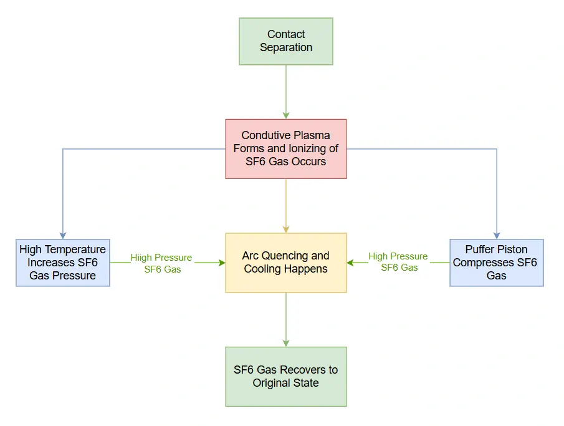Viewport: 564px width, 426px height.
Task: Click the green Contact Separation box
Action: click(x=286, y=41)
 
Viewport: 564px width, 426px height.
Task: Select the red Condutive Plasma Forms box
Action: click(x=286, y=148)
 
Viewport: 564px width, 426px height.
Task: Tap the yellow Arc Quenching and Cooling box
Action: click(x=286, y=263)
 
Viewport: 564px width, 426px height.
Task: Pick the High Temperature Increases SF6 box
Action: click(x=63, y=263)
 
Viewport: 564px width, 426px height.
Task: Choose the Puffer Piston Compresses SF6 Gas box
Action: click(x=497, y=263)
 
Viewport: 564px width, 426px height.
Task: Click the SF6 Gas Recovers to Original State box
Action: click(x=286, y=376)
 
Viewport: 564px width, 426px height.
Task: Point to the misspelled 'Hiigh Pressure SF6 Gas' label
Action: click(x=162, y=263)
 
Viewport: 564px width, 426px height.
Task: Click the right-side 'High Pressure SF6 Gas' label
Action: click(x=398, y=262)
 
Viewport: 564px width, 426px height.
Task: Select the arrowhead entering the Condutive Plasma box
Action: click(x=286, y=115)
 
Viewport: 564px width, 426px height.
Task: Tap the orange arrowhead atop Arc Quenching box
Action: click(x=286, y=229)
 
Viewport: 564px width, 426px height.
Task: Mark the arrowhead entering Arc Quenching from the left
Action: click(x=221, y=263)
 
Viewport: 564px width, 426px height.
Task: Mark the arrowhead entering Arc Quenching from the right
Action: click(x=351, y=263)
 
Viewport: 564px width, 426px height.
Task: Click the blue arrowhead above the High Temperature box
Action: click(x=63, y=235)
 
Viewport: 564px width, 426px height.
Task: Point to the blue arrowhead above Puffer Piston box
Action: click(x=497, y=235)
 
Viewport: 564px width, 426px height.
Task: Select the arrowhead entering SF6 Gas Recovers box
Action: click(x=286, y=343)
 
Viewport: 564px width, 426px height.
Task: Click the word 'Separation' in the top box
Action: click(x=286, y=47)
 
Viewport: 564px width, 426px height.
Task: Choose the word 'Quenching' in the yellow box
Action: click(x=283, y=256)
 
